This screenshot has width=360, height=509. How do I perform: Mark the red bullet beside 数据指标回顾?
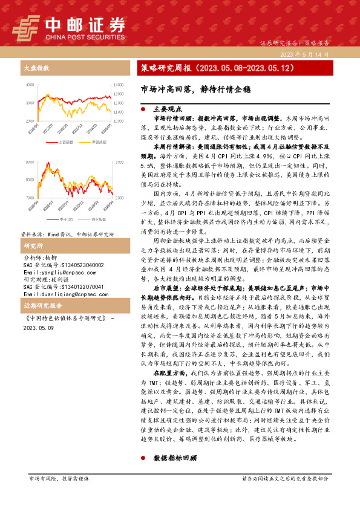pyautogui.click(x=142, y=458)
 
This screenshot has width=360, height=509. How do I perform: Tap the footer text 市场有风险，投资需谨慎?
pyautogui.click(x=58, y=479)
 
